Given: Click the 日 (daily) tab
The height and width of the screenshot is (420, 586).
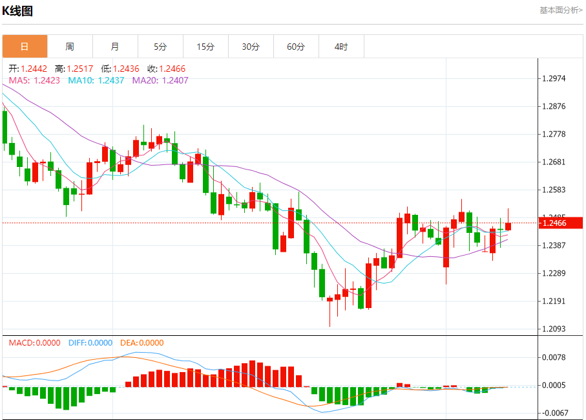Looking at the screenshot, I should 25,47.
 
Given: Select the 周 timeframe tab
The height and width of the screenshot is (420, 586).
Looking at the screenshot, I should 70,47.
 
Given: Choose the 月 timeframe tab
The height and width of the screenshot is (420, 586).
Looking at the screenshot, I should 115,47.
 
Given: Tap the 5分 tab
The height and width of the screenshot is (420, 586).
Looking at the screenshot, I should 160,47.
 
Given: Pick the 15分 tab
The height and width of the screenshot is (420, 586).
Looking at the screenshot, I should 205,47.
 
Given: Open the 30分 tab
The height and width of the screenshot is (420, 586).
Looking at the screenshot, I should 251,47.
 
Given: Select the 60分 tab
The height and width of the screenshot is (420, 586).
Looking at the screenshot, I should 296,47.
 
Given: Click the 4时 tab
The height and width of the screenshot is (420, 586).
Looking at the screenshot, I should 341,47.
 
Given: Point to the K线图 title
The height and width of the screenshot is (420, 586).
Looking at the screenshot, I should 17,11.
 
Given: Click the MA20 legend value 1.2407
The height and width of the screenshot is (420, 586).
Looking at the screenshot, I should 175,80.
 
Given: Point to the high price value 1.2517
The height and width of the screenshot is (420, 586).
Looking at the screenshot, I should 83,69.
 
